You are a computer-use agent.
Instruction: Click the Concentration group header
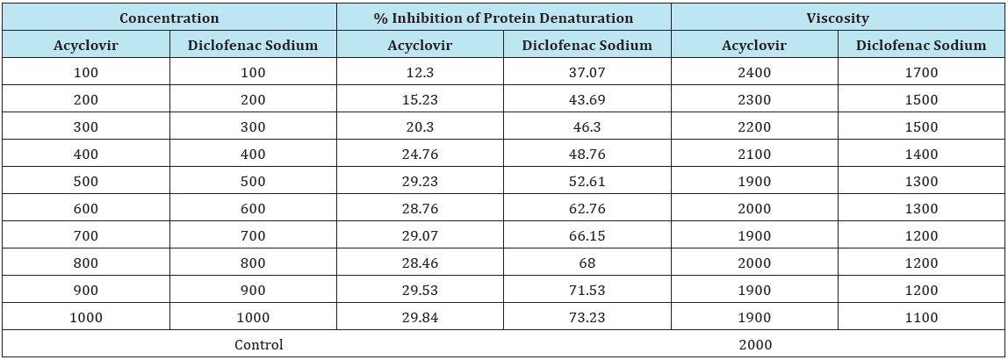(169, 18)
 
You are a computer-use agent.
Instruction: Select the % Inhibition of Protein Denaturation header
(503, 18)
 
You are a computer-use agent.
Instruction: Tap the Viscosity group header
(838, 18)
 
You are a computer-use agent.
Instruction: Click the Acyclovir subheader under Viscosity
(754, 45)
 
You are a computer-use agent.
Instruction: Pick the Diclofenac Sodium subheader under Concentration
(253, 45)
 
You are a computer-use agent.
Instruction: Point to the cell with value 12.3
(420, 73)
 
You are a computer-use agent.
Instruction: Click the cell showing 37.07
(587, 73)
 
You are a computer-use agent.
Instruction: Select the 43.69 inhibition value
(587, 99)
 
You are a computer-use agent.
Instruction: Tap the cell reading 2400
(754, 73)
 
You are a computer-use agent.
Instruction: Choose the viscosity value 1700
(921, 73)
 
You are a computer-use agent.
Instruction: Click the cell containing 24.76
(420, 155)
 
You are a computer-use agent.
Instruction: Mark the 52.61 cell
(587, 181)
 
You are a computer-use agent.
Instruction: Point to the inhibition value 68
(587, 263)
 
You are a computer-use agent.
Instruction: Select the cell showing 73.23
(587, 317)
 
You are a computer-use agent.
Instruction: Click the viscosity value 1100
(921, 317)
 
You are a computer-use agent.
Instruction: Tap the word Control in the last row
(258, 344)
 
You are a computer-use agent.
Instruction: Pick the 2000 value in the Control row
(754, 344)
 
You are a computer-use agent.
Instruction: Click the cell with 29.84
(420, 317)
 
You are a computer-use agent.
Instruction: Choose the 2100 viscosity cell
(754, 155)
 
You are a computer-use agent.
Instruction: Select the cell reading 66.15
(587, 236)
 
